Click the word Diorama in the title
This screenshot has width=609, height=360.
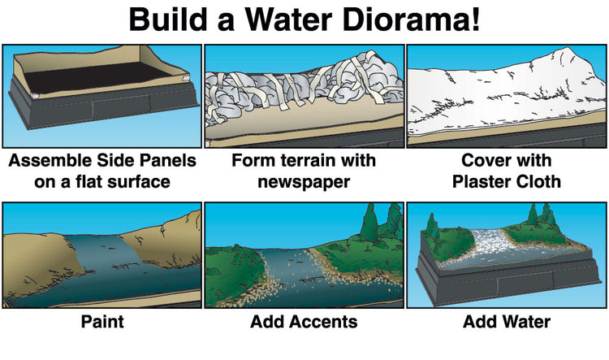pos(412,20)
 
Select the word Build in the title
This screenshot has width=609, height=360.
pos(169,20)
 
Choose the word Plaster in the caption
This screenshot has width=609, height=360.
pos(482,181)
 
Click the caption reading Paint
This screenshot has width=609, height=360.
pos(102,322)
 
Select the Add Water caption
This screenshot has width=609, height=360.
pos(507,322)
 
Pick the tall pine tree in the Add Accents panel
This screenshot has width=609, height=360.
pos(369,223)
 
